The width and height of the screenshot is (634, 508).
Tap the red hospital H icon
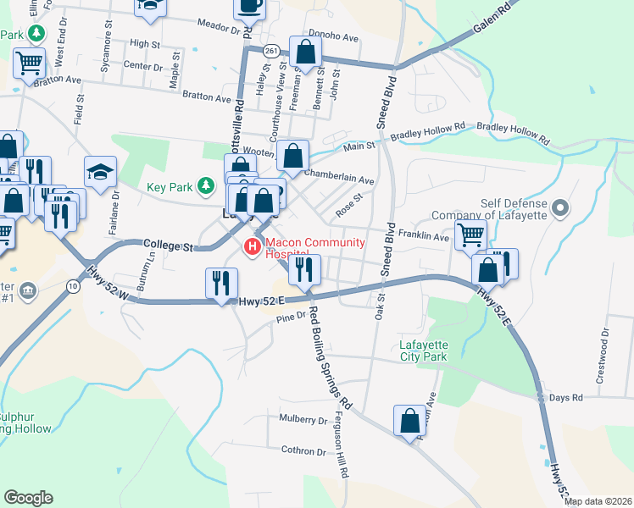click(x=252, y=246)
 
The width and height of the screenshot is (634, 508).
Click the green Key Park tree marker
click(x=204, y=185)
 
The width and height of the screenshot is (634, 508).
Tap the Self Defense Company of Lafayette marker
click(x=559, y=207)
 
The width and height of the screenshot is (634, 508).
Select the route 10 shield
click(x=75, y=287)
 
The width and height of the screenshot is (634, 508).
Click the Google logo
click(x=28, y=498)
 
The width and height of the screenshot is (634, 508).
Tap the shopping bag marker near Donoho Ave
click(x=305, y=52)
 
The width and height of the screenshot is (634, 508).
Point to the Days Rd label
click(x=566, y=397)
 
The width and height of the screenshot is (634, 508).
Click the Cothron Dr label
click(x=292, y=450)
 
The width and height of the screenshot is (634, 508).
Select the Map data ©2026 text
click(x=598, y=501)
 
